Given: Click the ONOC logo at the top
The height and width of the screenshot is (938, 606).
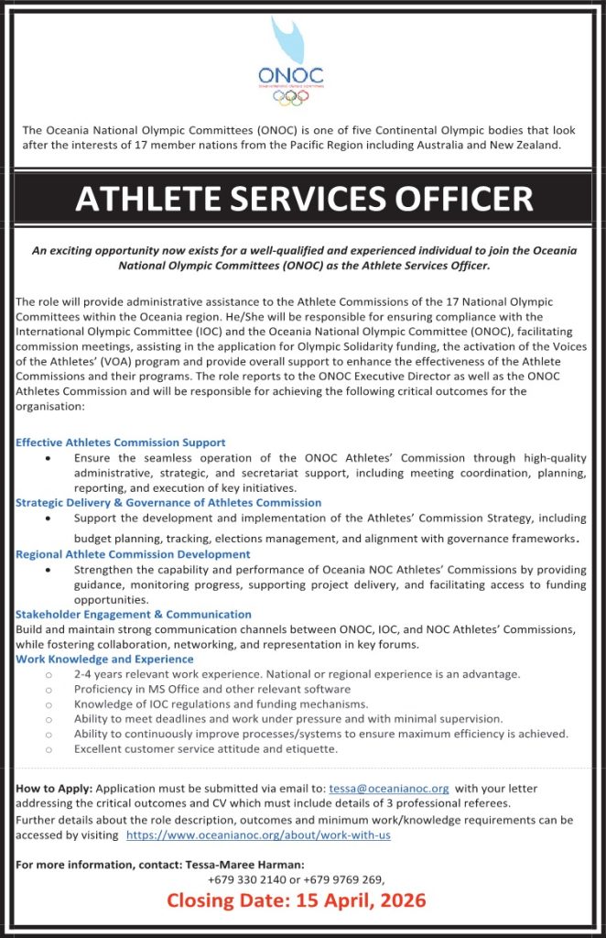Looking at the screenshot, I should (291, 64).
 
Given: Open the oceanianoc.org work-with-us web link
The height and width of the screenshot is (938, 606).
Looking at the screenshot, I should (258, 835).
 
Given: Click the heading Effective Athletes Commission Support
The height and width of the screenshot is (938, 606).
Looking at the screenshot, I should (121, 442).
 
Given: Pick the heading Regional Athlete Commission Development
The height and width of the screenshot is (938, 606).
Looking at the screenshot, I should (133, 554).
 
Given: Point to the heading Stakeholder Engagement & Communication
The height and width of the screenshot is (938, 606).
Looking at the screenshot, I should (134, 615).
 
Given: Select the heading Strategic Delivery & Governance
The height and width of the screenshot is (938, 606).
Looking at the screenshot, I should (168, 503).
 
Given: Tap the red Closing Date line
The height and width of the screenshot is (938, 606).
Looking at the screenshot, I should (296, 900).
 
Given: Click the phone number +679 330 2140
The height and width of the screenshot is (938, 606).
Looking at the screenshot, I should (243, 879).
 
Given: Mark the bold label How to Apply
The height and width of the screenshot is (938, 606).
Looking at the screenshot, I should (54, 788).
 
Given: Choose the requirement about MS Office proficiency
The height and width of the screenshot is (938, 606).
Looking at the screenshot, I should (212, 689).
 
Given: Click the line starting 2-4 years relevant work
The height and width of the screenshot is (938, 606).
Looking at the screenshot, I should (298, 674).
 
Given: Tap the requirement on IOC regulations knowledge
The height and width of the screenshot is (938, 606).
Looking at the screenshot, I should (222, 704).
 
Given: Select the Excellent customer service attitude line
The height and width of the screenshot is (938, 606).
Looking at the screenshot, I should (206, 749).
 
